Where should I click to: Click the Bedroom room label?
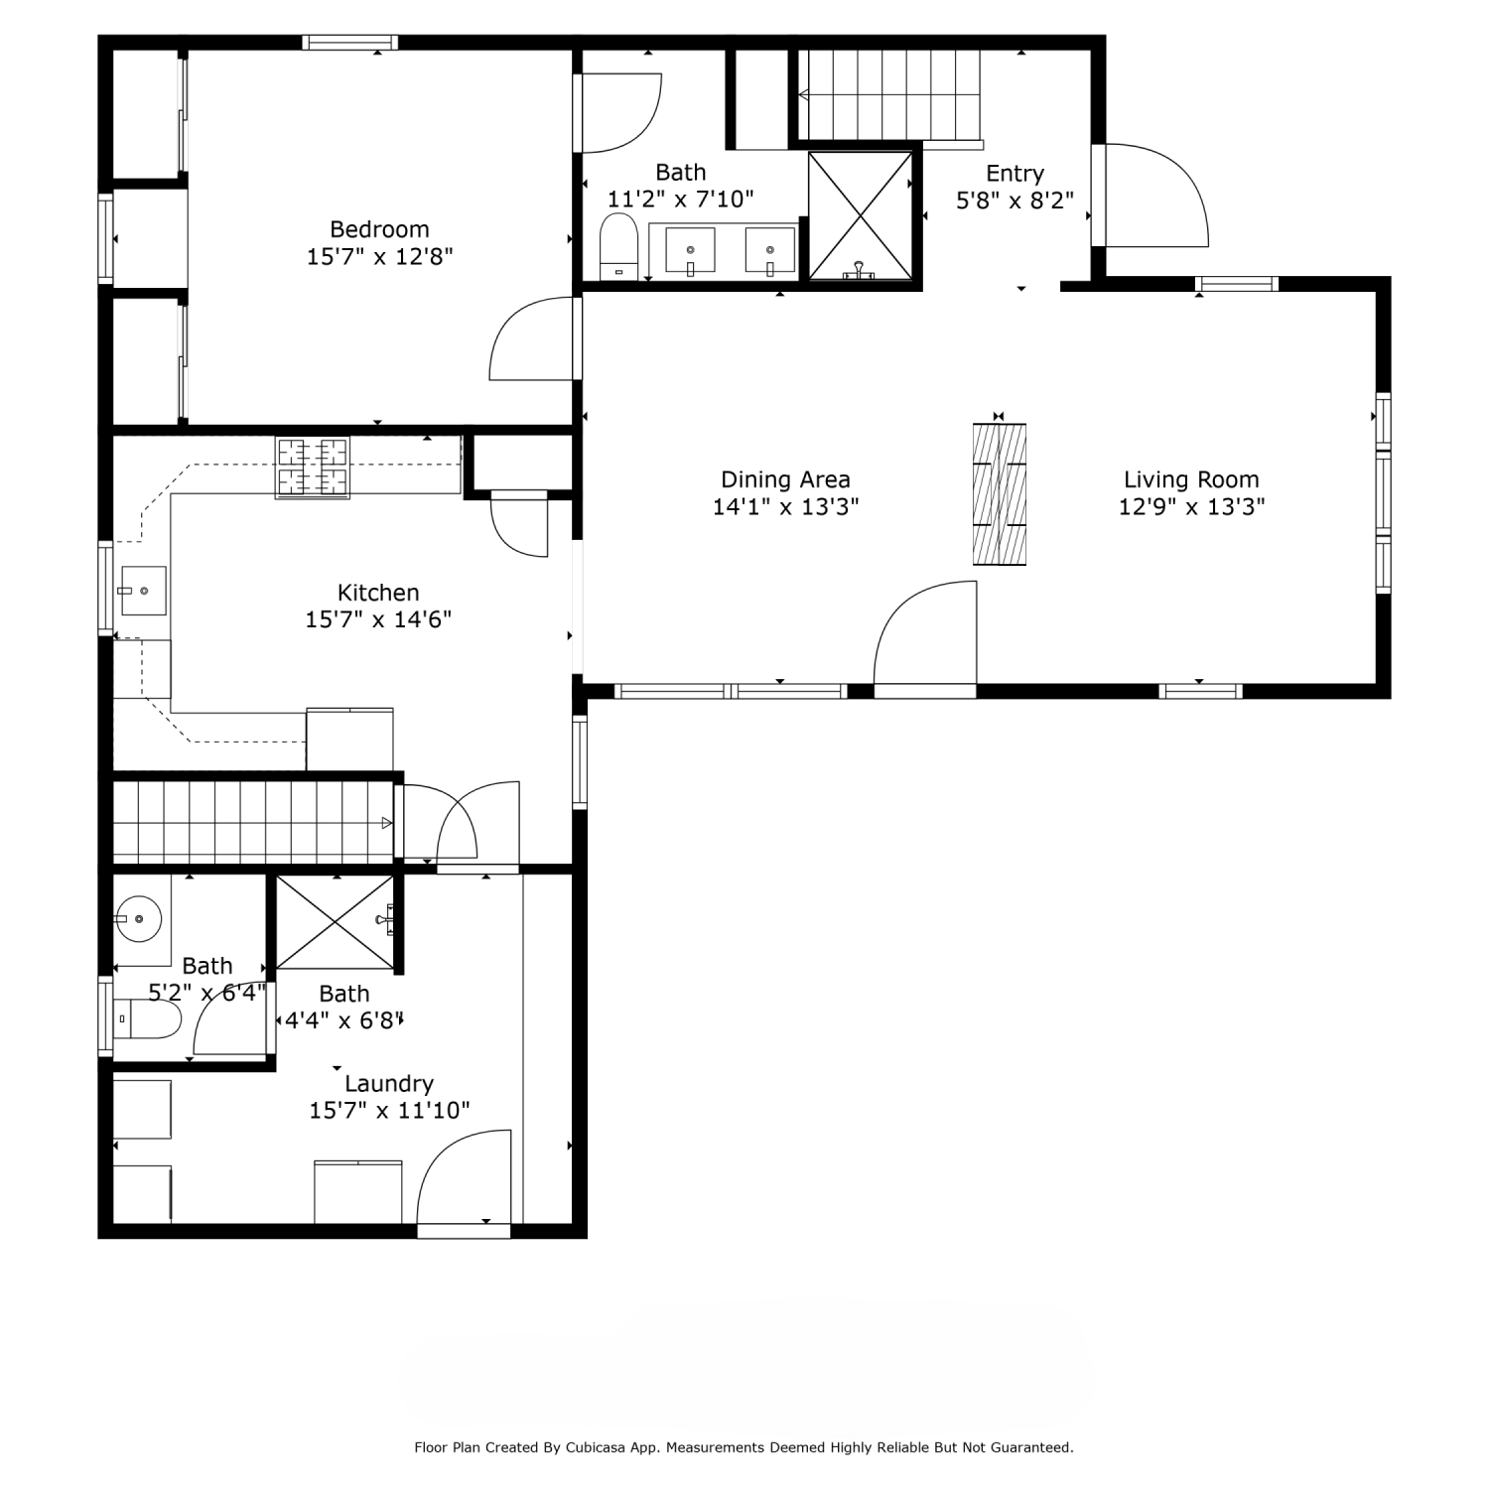[379, 229]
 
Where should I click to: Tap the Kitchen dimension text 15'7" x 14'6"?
[378, 619]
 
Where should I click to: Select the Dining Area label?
[785, 480]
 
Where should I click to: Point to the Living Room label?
[1191, 480]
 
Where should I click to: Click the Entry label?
[1015, 174]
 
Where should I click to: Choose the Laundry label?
[389, 1084]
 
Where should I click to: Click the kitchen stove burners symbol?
[313, 468]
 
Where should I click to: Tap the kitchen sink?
[143, 591]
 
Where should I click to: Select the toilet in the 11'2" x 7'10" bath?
[619, 247]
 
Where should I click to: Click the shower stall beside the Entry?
[861, 215]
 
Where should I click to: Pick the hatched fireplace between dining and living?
[999, 494]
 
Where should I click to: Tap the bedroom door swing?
[531, 338]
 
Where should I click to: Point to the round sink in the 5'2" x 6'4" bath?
[138, 919]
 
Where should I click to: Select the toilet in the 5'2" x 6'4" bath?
[147, 1018]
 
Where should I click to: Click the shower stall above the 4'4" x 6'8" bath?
[335, 922]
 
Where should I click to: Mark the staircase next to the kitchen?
[253, 822]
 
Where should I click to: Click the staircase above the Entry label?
[889, 95]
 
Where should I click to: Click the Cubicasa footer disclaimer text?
[744, 1448]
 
